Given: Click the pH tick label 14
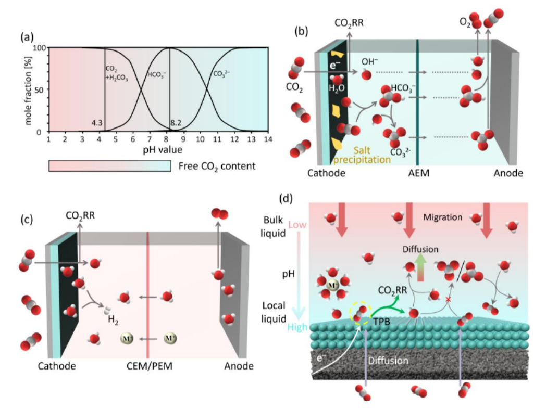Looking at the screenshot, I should coord(267,140).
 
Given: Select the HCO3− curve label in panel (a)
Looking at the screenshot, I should coord(156,75).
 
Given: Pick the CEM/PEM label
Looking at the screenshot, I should coord(150,367).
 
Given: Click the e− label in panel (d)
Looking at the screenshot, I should coord(318,373).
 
